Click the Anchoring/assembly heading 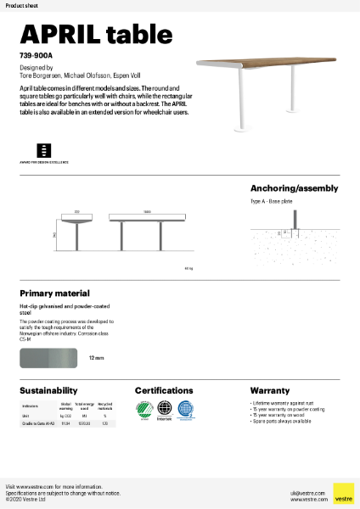[294, 188]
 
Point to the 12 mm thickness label [96, 359]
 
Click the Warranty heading [270, 390]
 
